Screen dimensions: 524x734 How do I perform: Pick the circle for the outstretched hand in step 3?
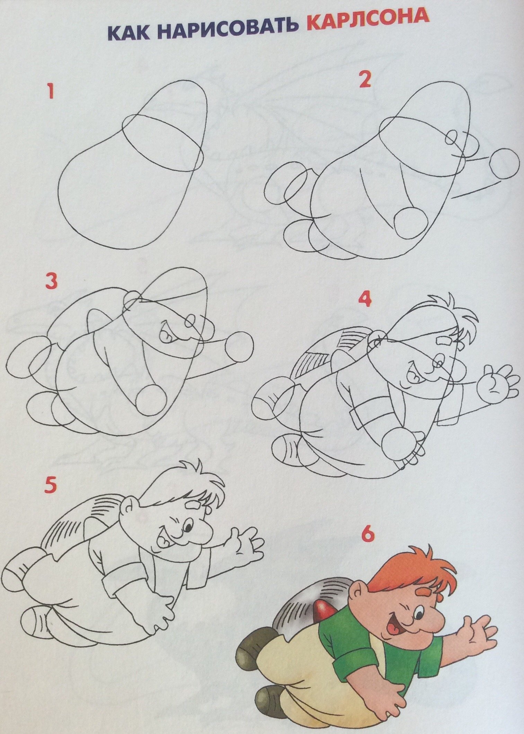click(x=239, y=347)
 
